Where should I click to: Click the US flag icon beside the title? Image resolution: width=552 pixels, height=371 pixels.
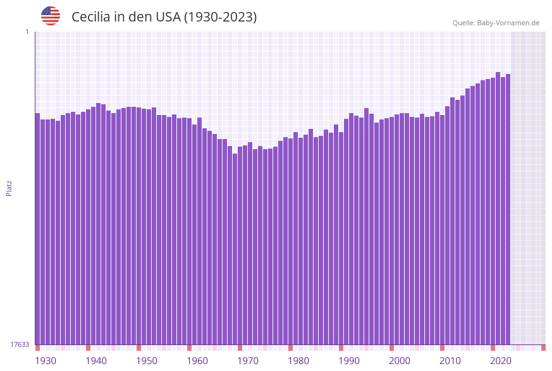(51, 16)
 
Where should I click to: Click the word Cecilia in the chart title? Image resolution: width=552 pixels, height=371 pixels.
(92, 17)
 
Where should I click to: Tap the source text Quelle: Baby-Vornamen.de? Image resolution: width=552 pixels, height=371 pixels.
(496, 23)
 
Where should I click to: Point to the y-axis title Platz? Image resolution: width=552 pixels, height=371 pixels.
(9, 188)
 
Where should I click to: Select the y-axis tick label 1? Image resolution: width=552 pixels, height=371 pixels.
(27, 32)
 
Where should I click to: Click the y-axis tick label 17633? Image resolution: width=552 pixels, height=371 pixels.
(20, 344)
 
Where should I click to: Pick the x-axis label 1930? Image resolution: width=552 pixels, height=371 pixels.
(46, 361)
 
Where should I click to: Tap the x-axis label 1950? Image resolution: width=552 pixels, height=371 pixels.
(147, 361)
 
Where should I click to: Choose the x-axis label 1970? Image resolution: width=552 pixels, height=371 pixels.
(248, 361)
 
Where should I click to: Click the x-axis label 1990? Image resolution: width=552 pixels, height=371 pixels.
(349, 361)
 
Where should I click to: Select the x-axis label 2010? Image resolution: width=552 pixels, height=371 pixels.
(450, 361)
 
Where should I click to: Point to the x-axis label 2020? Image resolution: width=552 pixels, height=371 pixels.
(501, 361)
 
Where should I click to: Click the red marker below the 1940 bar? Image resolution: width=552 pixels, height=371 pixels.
(89, 348)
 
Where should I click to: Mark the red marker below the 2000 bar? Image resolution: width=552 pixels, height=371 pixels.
(392, 348)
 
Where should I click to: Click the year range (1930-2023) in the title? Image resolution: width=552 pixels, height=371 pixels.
(220, 17)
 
